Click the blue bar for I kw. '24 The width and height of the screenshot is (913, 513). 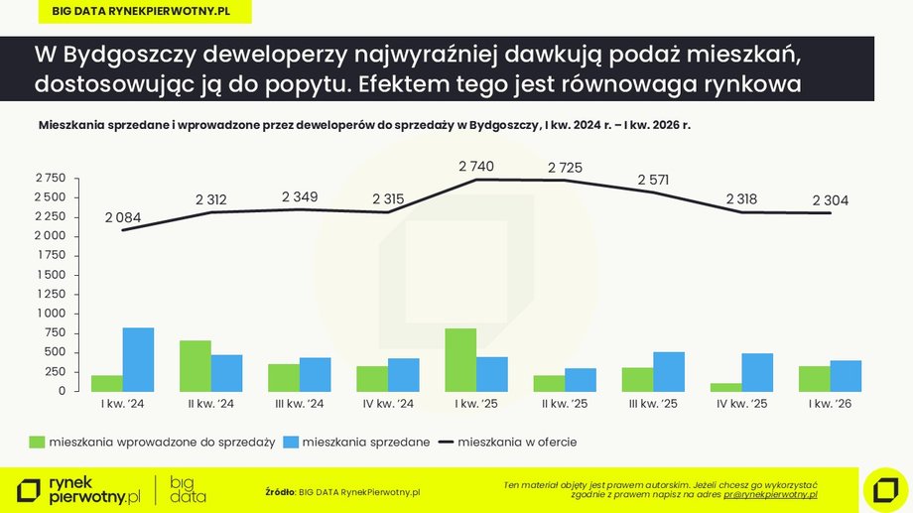point(139,359)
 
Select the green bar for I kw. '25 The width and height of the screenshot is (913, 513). point(460,359)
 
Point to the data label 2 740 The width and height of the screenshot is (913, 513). point(476,167)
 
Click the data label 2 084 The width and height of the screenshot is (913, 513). point(123,217)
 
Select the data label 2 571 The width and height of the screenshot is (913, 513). point(654,180)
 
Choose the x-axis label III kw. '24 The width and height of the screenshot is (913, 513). point(299,404)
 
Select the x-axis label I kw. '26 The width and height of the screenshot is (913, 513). point(830,404)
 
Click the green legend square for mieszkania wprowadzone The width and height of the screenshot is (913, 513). point(38,442)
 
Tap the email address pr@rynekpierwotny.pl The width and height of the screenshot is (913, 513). point(770,493)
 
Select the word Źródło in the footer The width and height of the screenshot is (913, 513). point(281,491)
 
